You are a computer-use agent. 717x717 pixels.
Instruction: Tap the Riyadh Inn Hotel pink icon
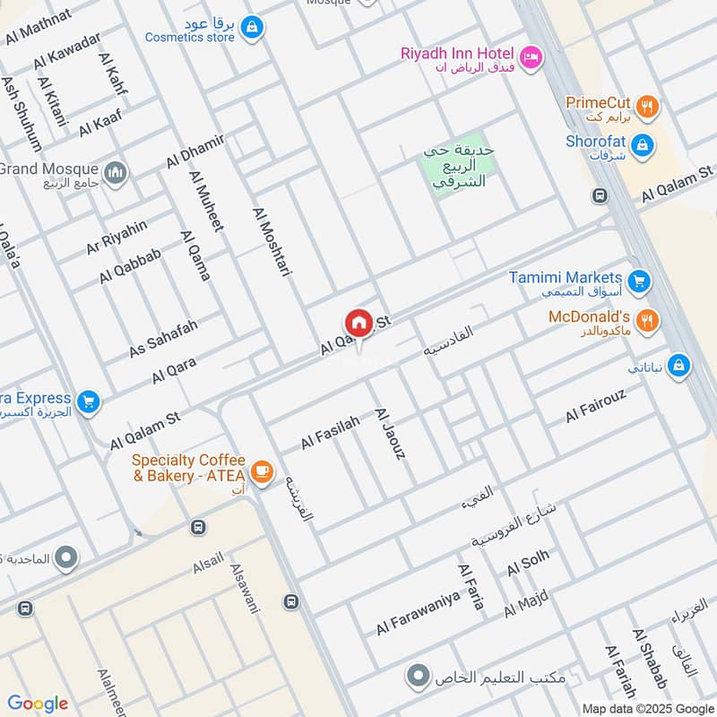[x=531, y=56]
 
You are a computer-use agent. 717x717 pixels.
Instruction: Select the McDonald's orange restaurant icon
[x=646, y=318]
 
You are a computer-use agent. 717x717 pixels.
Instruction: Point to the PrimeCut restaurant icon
[x=648, y=108]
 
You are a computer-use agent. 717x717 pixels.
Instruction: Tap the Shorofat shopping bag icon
[x=642, y=143]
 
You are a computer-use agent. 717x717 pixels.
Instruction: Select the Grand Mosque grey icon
[x=115, y=172]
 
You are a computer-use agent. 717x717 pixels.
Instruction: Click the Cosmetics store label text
[x=190, y=38]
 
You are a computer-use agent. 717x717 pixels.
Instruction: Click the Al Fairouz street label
[x=595, y=405]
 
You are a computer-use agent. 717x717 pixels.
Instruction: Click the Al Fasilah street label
[x=330, y=432]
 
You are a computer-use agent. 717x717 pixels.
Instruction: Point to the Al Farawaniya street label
[x=418, y=613]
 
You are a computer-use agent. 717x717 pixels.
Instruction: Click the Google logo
[x=38, y=704]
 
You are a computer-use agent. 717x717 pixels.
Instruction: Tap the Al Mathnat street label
[x=38, y=28]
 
